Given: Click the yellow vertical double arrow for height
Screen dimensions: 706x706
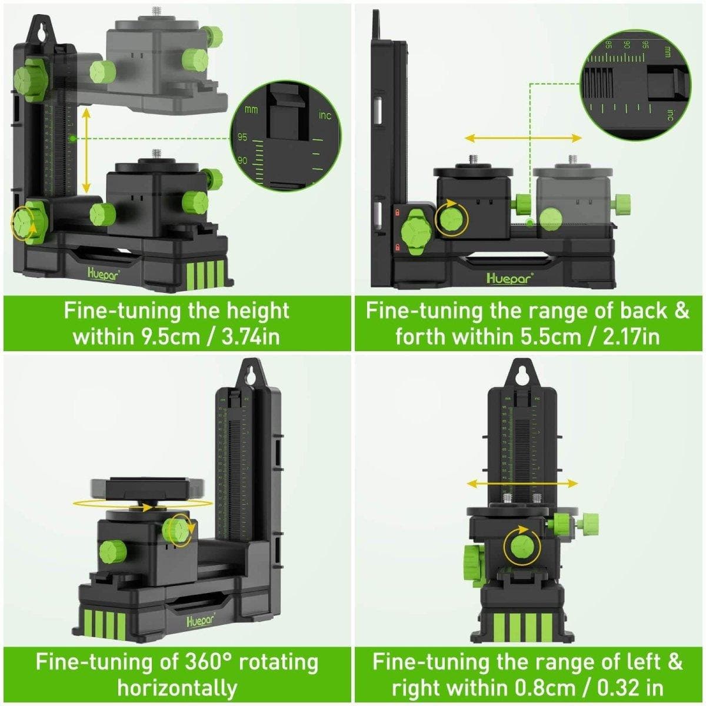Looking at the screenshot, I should click(86, 151).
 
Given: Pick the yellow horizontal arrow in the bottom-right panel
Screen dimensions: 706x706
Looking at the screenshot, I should click(522, 483).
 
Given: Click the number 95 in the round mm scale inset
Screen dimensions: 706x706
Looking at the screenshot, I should click(242, 138).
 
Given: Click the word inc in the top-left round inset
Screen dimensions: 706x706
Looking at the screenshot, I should click(325, 115).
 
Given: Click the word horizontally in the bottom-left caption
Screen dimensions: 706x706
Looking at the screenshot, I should click(177, 687).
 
